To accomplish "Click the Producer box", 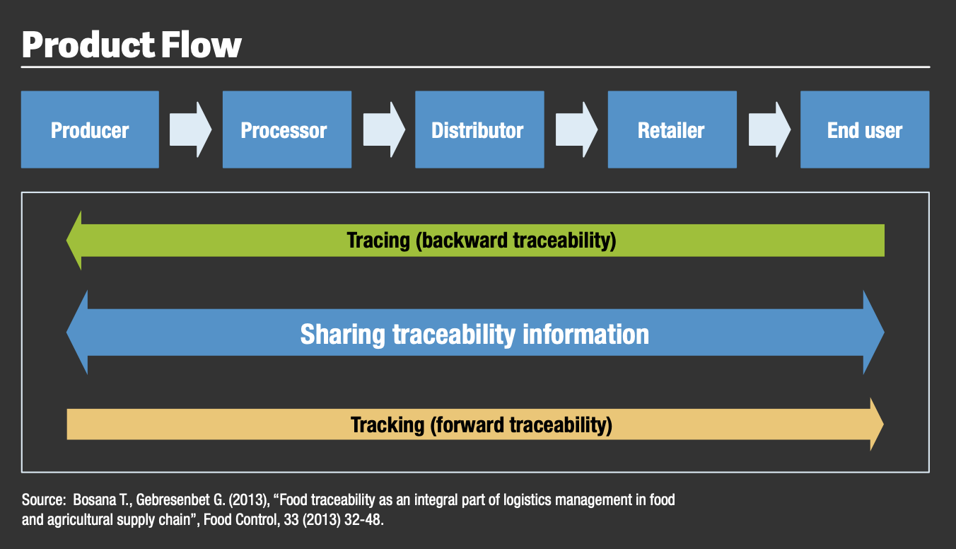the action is coord(90,129).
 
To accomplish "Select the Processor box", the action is coord(287,129).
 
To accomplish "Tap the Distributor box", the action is coord(479,129).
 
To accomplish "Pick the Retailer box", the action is coord(672,129).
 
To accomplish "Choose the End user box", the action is coord(865,129).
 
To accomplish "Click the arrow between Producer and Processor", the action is coord(190,129).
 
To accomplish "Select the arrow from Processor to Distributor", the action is coord(384,129).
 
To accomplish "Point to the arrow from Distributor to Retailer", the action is coord(576,129).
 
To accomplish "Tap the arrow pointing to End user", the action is coord(769,129).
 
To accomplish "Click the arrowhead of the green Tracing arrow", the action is coord(74,241).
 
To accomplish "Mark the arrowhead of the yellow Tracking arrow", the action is coord(877,424).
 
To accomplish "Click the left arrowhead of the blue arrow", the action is coord(77,332).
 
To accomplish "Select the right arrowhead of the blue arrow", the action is coord(874,332).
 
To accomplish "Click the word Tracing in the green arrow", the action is coord(378,241).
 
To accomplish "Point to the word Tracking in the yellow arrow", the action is coord(387,425).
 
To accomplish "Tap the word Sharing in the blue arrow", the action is coord(343,335).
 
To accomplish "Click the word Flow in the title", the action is coord(202,45).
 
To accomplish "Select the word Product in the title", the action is coord(88,45).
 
